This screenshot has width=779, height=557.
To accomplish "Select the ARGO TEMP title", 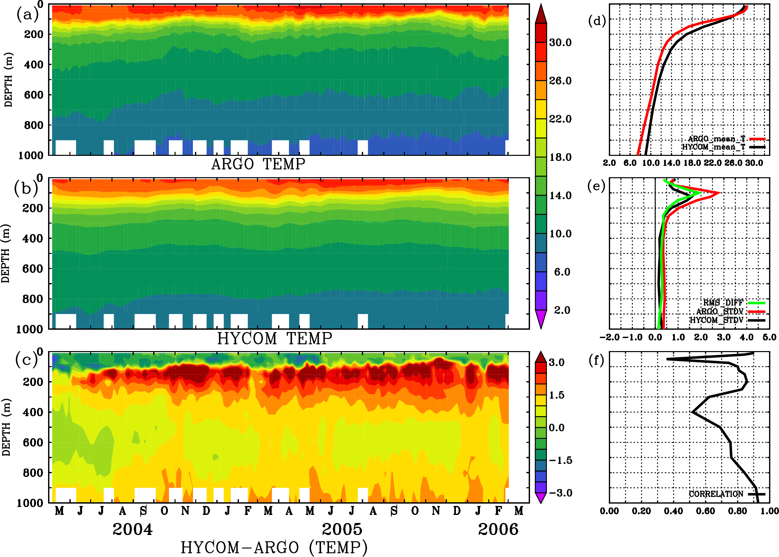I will pos(258,164).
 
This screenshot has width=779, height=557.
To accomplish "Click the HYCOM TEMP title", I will pos(274,338).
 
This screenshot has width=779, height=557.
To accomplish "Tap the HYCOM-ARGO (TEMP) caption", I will pos(274,547).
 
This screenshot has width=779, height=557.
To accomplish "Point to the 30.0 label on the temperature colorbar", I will pos(560,42).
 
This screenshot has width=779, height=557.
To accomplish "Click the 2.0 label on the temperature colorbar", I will pos(562,310).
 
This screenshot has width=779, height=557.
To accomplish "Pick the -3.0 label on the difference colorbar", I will pos(560,493).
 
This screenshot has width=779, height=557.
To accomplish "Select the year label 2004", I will pos(133,529).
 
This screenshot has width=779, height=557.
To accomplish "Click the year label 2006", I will pos(498,529).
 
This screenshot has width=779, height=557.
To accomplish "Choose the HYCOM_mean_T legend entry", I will pos(714,147).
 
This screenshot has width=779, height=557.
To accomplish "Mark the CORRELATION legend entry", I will pos(716,494).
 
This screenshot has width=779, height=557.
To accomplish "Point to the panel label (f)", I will pos(596,360).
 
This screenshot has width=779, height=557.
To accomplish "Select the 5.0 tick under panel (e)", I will pos(769,337).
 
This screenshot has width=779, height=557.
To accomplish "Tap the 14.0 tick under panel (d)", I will pos(671,163).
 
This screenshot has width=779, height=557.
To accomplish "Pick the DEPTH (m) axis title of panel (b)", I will pos(5,253).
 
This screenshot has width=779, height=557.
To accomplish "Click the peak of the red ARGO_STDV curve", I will pos(719,193).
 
